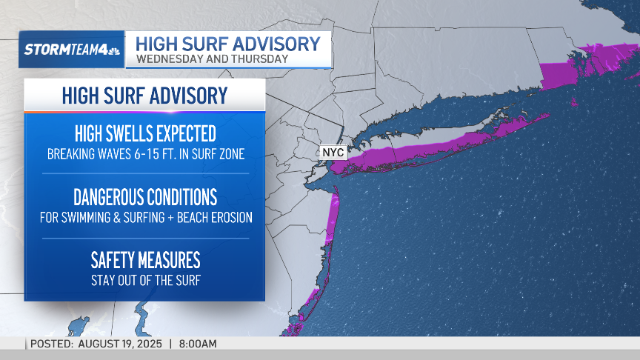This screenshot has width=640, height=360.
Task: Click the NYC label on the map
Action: tap(333, 151)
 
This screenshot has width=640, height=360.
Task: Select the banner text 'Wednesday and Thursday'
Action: tap(211, 59)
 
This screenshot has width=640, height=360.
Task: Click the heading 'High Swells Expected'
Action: tap(145, 134)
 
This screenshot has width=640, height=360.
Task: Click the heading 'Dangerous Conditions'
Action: tap(145, 197)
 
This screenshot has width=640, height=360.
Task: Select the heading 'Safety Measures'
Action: tap(145, 261)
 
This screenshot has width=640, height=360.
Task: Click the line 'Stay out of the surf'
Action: tap(145, 281)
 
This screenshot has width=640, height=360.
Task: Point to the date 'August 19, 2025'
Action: tap(121, 344)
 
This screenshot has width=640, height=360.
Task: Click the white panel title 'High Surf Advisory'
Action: tap(144, 96)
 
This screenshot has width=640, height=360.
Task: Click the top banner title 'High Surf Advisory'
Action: tap(228, 43)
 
